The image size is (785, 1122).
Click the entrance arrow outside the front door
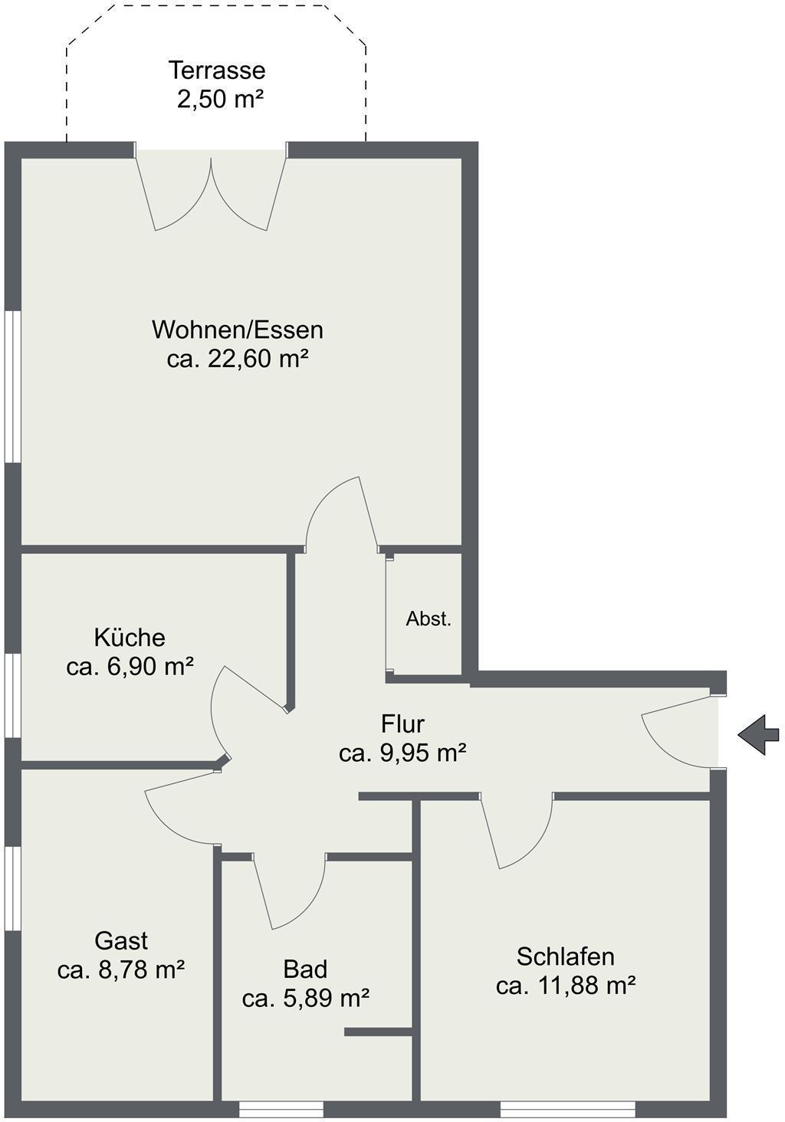[x=759, y=735]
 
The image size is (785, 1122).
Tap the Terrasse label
[x=216, y=71]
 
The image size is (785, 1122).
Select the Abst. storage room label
[x=429, y=619]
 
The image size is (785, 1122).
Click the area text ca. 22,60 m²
[x=237, y=359]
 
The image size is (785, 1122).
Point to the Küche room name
[x=130, y=638]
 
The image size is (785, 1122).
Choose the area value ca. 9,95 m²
[x=402, y=753]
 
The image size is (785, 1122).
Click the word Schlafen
[x=566, y=956]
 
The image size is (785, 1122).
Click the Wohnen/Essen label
[x=238, y=330]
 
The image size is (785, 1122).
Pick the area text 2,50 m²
[x=220, y=100]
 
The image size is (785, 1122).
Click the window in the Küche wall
[x=12, y=696]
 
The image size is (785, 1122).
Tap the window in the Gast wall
[x=12, y=888]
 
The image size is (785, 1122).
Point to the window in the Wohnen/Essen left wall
[x=12, y=386]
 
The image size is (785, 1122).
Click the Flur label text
[x=402, y=723]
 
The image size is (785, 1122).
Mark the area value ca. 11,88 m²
[x=566, y=986]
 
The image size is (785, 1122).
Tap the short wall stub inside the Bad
[x=378, y=1032]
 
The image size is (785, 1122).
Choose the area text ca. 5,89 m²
[x=306, y=999]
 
